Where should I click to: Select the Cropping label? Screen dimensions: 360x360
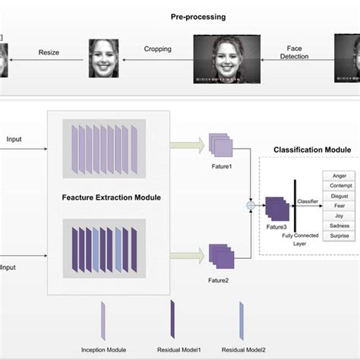157,49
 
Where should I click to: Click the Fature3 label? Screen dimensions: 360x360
276,227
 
